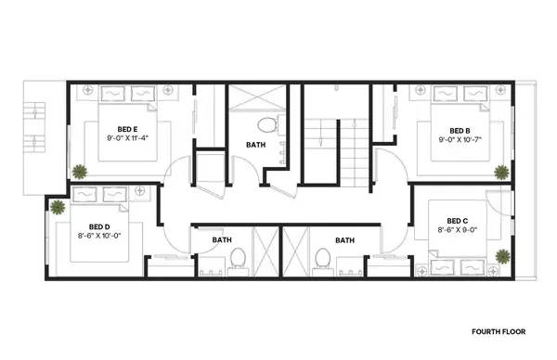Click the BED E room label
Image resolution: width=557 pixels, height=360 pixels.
pos(128,129)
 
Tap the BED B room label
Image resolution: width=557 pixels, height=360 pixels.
pos(460,131)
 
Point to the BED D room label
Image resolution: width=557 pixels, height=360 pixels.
pos(100,226)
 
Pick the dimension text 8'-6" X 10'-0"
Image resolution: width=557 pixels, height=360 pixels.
pos(100,236)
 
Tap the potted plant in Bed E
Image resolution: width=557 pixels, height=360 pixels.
pos(81,171)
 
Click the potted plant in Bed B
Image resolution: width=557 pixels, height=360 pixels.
pos(502,172)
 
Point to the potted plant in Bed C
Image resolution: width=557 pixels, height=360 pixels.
pos(502,255)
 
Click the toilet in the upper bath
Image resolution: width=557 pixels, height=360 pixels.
pos(266,123)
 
